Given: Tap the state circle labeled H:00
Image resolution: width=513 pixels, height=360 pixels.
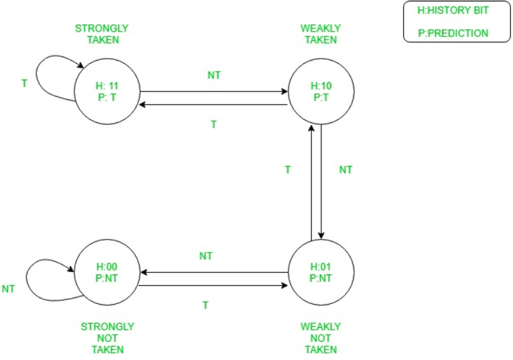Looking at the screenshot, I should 107,272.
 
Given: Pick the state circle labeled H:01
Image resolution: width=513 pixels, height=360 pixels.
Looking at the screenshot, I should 321,272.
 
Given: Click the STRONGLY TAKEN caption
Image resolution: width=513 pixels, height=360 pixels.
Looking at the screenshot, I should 101,34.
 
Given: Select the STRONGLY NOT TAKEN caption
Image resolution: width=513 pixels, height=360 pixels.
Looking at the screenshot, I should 107,338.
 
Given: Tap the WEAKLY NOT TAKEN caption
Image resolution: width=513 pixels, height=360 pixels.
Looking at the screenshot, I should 321,338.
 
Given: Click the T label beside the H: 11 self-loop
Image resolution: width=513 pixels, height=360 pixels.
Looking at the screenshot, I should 24,84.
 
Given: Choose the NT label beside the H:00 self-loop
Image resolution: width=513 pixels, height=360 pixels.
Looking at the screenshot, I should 9,288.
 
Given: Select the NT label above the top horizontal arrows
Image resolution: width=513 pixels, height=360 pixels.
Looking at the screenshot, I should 214,75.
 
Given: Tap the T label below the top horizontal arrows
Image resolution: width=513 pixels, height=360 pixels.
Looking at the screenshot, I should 213,124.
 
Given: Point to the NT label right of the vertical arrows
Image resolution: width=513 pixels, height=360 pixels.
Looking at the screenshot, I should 346,170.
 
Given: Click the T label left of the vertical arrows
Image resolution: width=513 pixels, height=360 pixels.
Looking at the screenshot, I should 288,170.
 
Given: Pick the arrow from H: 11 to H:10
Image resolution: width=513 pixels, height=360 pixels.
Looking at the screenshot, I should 214,92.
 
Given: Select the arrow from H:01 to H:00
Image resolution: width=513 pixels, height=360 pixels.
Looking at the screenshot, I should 214,272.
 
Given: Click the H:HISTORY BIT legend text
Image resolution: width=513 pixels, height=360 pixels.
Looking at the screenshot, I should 453,11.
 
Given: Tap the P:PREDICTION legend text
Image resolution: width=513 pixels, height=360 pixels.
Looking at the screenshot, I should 453,32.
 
